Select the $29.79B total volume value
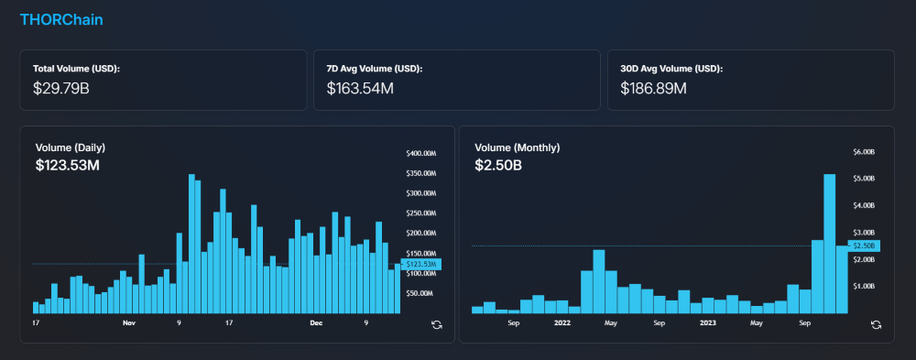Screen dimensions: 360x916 (x=60, y=89)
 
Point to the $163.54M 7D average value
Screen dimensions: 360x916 (x=360, y=89)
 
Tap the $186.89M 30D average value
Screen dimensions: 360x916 (x=653, y=89)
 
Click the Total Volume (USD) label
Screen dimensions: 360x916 (x=76, y=69)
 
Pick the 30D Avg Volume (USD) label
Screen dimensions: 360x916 (x=671, y=69)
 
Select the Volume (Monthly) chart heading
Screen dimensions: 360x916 (x=517, y=147)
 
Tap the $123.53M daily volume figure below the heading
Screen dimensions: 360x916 (x=67, y=166)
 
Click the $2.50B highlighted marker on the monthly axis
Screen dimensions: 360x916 (x=865, y=245)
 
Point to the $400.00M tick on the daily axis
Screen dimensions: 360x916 (x=420, y=153)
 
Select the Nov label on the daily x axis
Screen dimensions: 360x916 (x=129, y=323)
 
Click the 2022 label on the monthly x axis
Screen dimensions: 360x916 (x=562, y=323)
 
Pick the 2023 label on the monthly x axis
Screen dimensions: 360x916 (x=708, y=323)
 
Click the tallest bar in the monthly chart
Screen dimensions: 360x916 (x=829, y=243)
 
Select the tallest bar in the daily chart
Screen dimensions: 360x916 (x=191, y=243)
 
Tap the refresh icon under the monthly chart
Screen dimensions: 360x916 (x=876, y=324)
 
